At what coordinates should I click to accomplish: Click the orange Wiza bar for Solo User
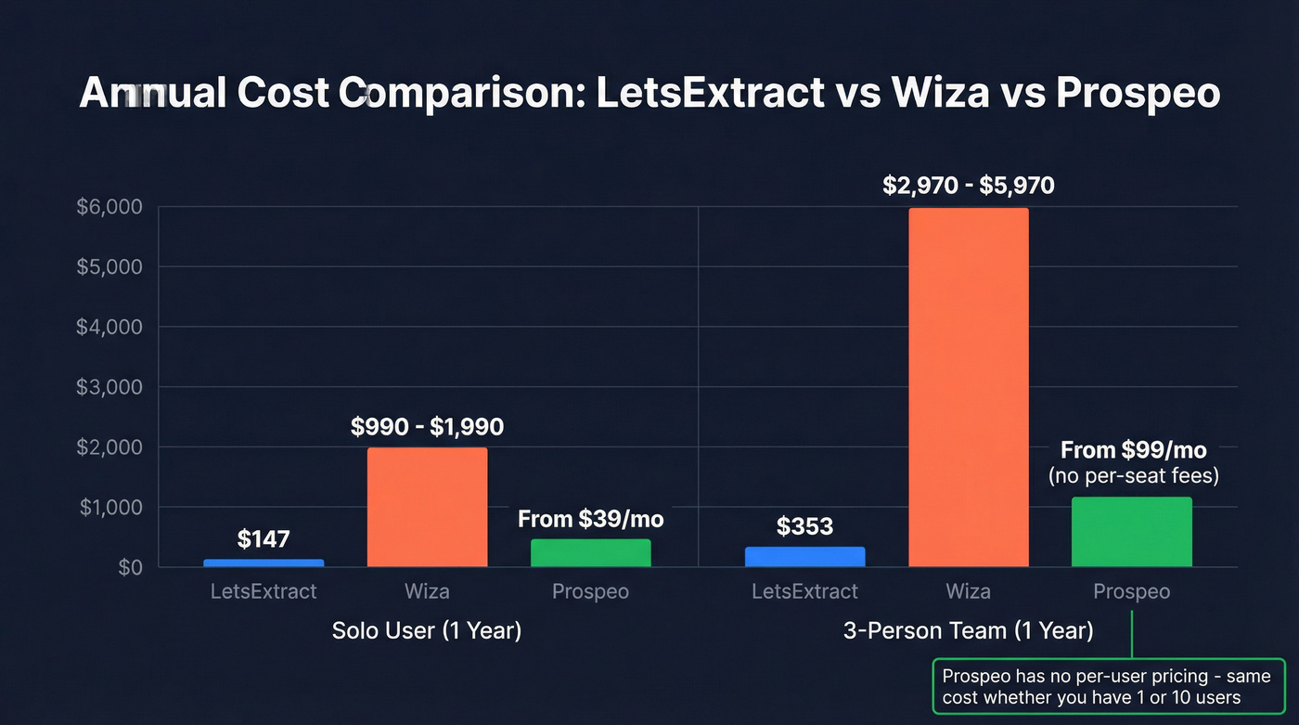click(x=427, y=507)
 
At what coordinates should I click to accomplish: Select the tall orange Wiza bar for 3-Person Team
click(x=969, y=387)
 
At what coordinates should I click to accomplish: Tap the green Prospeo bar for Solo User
click(x=590, y=552)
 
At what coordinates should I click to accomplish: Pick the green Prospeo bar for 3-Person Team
click(x=1131, y=532)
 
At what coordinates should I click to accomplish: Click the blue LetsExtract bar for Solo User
click(x=264, y=563)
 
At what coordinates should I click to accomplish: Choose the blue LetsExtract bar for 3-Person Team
click(x=804, y=556)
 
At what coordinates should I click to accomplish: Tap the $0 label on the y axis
click(x=130, y=567)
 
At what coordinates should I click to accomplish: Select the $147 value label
click(x=264, y=538)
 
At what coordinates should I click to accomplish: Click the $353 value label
click(x=804, y=526)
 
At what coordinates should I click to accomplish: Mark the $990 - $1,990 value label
click(x=427, y=427)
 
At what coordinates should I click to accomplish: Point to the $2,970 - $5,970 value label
click(x=969, y=186)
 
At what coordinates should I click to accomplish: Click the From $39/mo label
click(x=590, y=518)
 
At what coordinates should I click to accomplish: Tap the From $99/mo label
click(x=1133, y=451)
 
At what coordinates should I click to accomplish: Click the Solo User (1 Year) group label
click(x=427, y=631)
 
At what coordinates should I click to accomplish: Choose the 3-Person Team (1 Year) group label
click(x=968, y=631)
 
